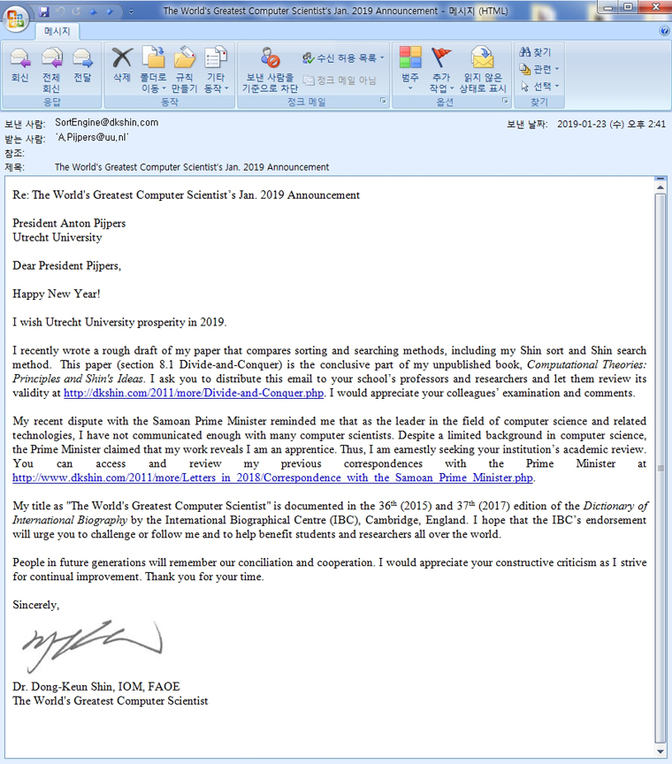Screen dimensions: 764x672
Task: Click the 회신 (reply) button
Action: [20, 66]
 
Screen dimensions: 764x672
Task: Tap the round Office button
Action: [15, 15]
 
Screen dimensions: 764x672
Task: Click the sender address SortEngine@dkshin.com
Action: [106, 123]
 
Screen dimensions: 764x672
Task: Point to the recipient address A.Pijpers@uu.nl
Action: [92, 138]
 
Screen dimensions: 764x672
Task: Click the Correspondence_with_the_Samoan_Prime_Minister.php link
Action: [273, 478]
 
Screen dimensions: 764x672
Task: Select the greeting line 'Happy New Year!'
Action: [57, 294]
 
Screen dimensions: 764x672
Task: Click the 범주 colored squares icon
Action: [410, 57]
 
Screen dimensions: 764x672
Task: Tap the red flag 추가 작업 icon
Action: [441, 57]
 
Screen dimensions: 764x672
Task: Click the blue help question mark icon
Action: [664, 31]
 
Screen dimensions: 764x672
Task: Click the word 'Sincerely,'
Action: [36, 606]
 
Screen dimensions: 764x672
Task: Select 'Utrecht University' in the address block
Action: [57, 237]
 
